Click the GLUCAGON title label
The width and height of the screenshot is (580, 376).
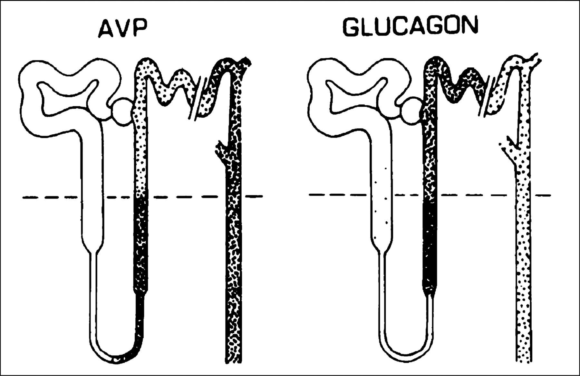pyautogui.click(x=409, y=26)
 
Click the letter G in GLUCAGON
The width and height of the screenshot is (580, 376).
pyautogui.click(x=352, y=26)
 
